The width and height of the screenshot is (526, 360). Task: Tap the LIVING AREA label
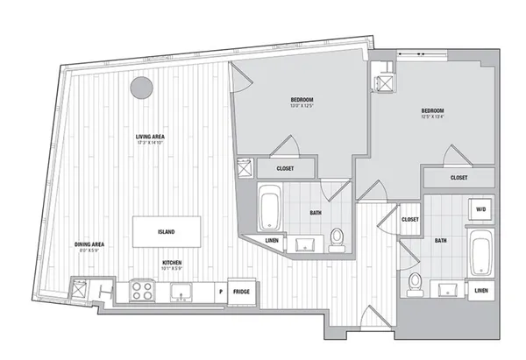152,138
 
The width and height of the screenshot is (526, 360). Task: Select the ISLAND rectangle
167,231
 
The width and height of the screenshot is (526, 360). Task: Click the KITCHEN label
172,262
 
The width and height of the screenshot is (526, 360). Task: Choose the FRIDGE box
241,290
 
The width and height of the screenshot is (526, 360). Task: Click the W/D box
480,210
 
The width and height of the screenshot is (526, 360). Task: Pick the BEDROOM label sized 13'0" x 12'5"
302,102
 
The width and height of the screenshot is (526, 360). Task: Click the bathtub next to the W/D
480,252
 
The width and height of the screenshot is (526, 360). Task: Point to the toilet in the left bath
338,235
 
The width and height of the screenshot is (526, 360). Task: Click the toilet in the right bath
416,281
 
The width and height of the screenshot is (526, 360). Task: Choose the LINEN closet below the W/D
480,290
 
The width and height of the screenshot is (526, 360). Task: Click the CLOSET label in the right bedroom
458,178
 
